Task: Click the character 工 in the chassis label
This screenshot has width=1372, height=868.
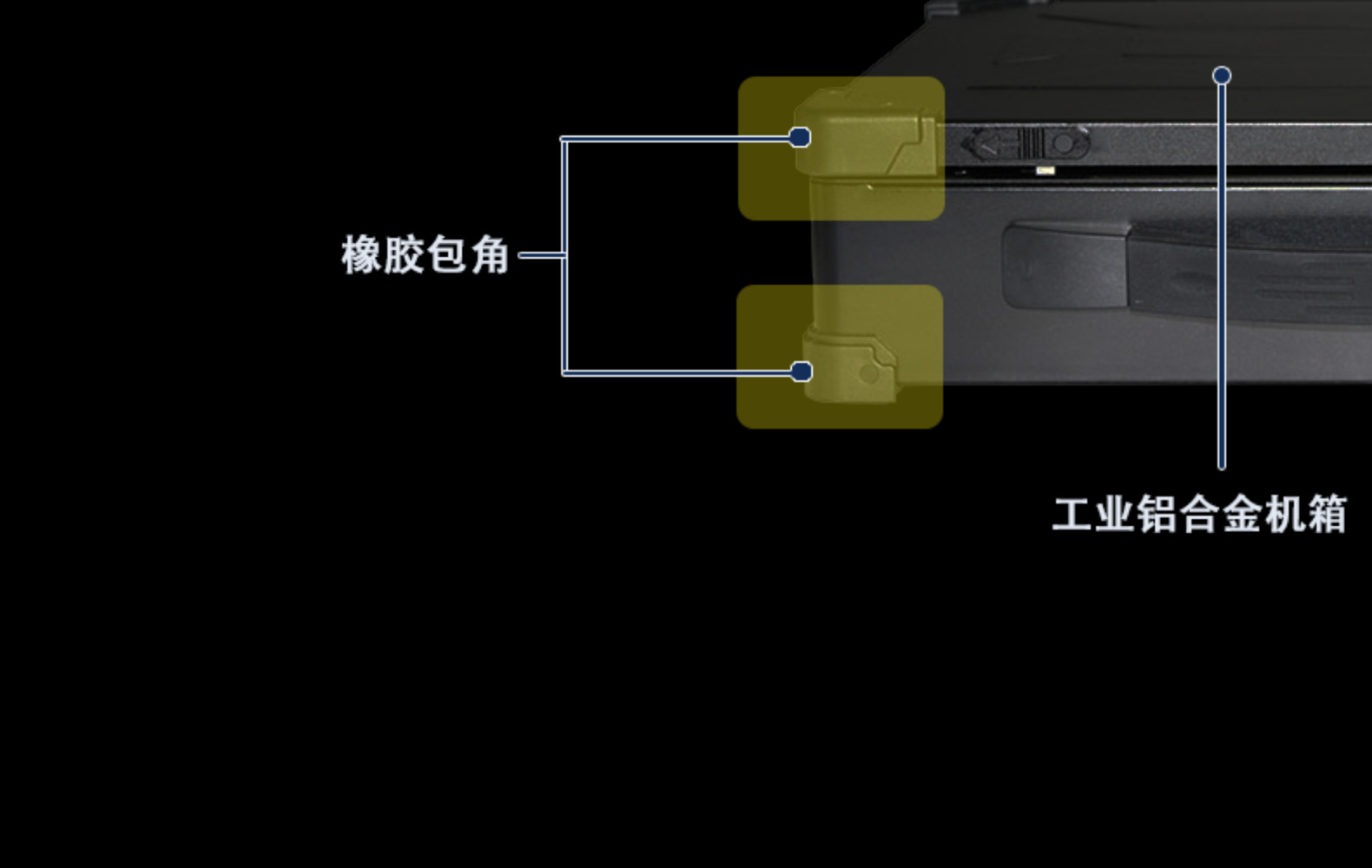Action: (x=1072, y=514)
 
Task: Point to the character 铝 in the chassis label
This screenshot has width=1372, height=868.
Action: (x=1157, y=514)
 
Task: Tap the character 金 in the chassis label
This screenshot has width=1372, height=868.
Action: (x=1242, y=514)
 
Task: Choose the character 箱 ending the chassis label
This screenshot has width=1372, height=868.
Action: (x=1327, y=514)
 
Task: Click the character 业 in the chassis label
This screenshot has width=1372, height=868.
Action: (x=1115, y=514)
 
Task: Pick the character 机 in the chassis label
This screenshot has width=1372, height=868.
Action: (x=1284, y=514)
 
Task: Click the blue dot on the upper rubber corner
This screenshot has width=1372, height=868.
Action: (x=800, y=137)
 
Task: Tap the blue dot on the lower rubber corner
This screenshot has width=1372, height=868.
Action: (x=801, y=372)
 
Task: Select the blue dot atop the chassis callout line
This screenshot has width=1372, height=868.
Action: (x=1222, y=76)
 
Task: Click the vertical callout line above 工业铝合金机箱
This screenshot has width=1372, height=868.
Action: (x=1222, y=278)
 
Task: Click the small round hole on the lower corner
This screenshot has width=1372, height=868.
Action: (x=868, y=374)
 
